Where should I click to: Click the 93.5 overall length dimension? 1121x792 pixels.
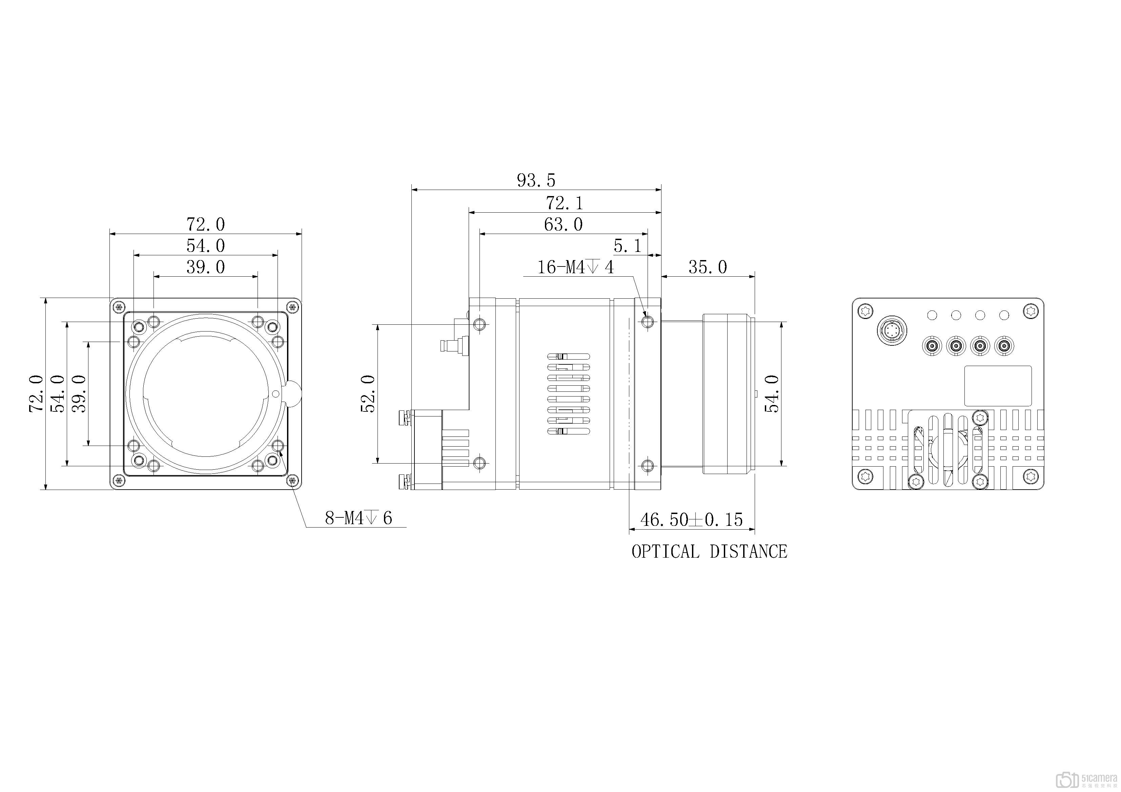(536, 180)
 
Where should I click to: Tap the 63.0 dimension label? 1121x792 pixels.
(564, 224)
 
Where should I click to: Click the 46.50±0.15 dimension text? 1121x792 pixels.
(691, 520)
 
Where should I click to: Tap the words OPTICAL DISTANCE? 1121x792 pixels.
(709, 552)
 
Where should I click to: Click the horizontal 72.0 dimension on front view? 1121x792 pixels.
(206, 224)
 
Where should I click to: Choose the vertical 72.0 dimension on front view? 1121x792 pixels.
(37, 394)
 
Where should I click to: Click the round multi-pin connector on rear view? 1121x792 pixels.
(891, 331)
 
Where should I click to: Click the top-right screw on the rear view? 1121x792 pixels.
(1030, 311)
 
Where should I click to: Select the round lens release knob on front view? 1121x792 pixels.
(292, 394)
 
